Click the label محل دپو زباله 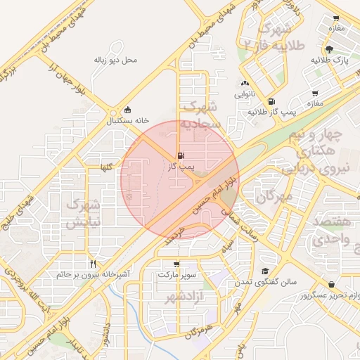coord(115,60)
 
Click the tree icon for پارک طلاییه coord(330,49)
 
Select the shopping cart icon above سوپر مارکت coord(176,264)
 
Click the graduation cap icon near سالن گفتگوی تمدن coord(265,271)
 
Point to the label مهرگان coord(274,198)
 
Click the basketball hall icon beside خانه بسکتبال coord(127,110)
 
